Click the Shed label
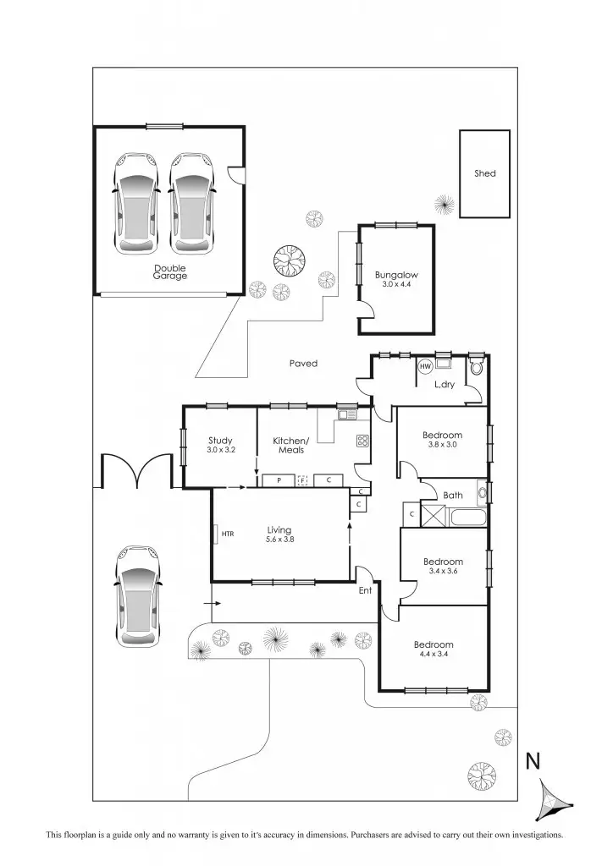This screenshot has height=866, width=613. tap(484, 173)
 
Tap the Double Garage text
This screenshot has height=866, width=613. tap(169, 272)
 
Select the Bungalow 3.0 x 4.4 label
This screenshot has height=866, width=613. tap(396, 279)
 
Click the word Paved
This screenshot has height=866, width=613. tap(303, 364)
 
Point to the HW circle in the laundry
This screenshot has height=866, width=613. tap(426, 366)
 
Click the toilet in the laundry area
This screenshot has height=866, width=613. tap(476, 366)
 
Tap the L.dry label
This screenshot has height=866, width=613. tap(445, 385)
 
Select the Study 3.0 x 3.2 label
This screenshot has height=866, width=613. tap(220, 445)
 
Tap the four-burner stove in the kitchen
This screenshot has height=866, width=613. tap(362, 441)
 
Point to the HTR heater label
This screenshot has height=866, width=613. tap(227, 534)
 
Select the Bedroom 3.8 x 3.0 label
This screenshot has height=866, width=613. tap(443, 440)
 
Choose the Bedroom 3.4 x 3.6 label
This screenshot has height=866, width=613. tap(443, 566)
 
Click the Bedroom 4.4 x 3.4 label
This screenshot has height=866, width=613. tap(435, 649)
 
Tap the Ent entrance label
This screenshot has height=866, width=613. tap(365, 590)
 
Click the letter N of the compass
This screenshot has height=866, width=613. tap(533, 761)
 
